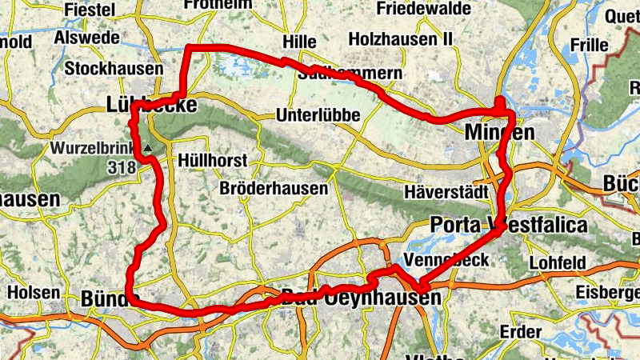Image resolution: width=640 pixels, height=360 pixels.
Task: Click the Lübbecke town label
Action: tap(150, 103)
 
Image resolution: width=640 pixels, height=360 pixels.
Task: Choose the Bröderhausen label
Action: tap(274, 190)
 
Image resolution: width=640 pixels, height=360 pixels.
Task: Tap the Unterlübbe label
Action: tap(318, 115)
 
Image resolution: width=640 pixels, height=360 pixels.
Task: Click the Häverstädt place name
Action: tap(442, 192)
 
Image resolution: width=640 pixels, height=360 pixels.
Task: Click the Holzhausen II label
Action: tap(401, 38)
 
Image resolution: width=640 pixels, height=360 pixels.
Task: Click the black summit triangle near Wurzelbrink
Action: tap(149, 148)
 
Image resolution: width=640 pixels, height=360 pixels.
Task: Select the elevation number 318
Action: tap(119, 168)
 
